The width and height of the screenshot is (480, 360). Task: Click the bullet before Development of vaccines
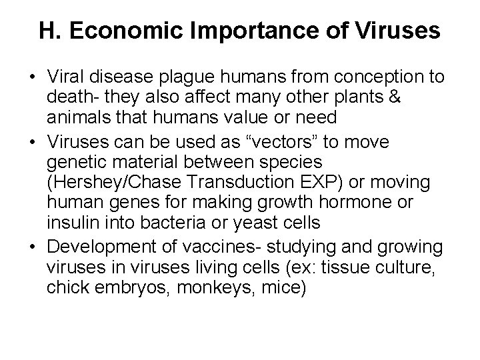tap(31, 247)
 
